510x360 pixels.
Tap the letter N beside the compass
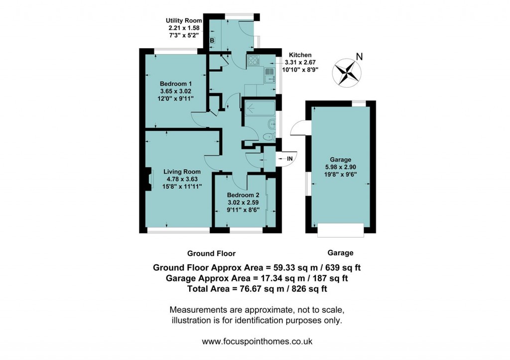click(x=359, y=57)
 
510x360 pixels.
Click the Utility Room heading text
click(x=184, y=20)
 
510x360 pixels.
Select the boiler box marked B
click(x=212, y=40)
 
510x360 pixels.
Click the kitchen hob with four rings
click(x=253, y=61)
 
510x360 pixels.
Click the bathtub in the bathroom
click(x=256, y=109)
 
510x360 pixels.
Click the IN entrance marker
click(x=290, y=158)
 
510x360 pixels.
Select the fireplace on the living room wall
click(x=148, y=180)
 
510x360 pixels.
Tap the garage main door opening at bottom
click(x=341, y=230)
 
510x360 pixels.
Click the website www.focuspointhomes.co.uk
click(x=256, y=342)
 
